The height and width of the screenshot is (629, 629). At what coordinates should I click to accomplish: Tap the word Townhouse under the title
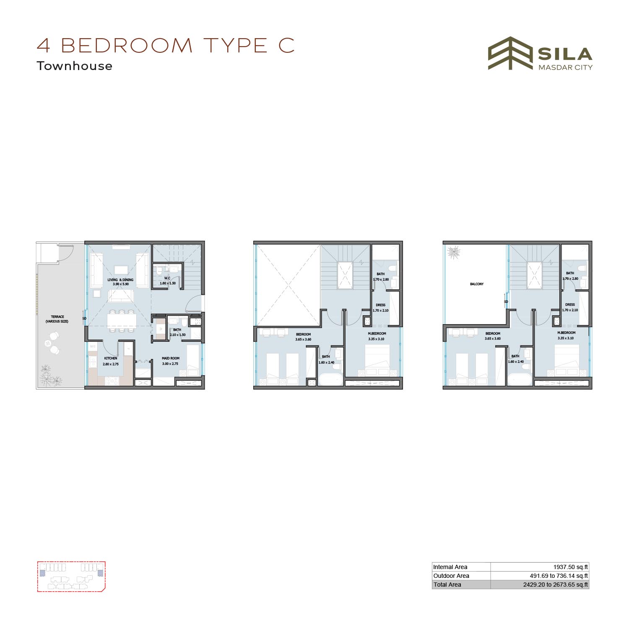coord(75,66)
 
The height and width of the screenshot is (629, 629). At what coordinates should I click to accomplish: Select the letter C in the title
coord(287,45)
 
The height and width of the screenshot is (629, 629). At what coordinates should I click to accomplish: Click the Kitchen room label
coord(111,358)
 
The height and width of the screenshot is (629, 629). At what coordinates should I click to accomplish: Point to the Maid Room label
coord(171,358)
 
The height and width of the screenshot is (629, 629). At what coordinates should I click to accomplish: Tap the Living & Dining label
coord(120,280)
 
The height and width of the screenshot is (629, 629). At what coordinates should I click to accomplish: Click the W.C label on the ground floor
coord(167,278)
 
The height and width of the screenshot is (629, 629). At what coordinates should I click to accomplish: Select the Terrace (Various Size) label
coord(57,319)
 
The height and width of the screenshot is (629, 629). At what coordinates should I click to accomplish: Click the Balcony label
coord(477,284)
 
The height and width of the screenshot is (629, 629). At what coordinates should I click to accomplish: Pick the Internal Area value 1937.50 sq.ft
coord(571,567)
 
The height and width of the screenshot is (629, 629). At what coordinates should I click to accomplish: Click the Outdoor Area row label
coord(451,576)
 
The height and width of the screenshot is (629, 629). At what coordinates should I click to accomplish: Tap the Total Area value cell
coord(540,585)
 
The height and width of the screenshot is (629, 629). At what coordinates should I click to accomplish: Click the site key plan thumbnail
coord(71,576)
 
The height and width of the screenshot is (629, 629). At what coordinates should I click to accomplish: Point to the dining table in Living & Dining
coord(122,321)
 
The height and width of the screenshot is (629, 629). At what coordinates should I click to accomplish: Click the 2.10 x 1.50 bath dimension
coord(177,335)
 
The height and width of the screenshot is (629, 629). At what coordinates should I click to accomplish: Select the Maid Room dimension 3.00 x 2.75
coord(171,364)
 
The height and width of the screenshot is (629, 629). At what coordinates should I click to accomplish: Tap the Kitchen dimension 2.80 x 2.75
coord(111,364)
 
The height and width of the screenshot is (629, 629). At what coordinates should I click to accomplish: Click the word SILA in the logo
coord(565,54)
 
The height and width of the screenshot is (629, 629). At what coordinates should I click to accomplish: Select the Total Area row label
coord(447,585)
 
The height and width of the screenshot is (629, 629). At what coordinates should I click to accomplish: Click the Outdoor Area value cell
coord(540,576)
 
